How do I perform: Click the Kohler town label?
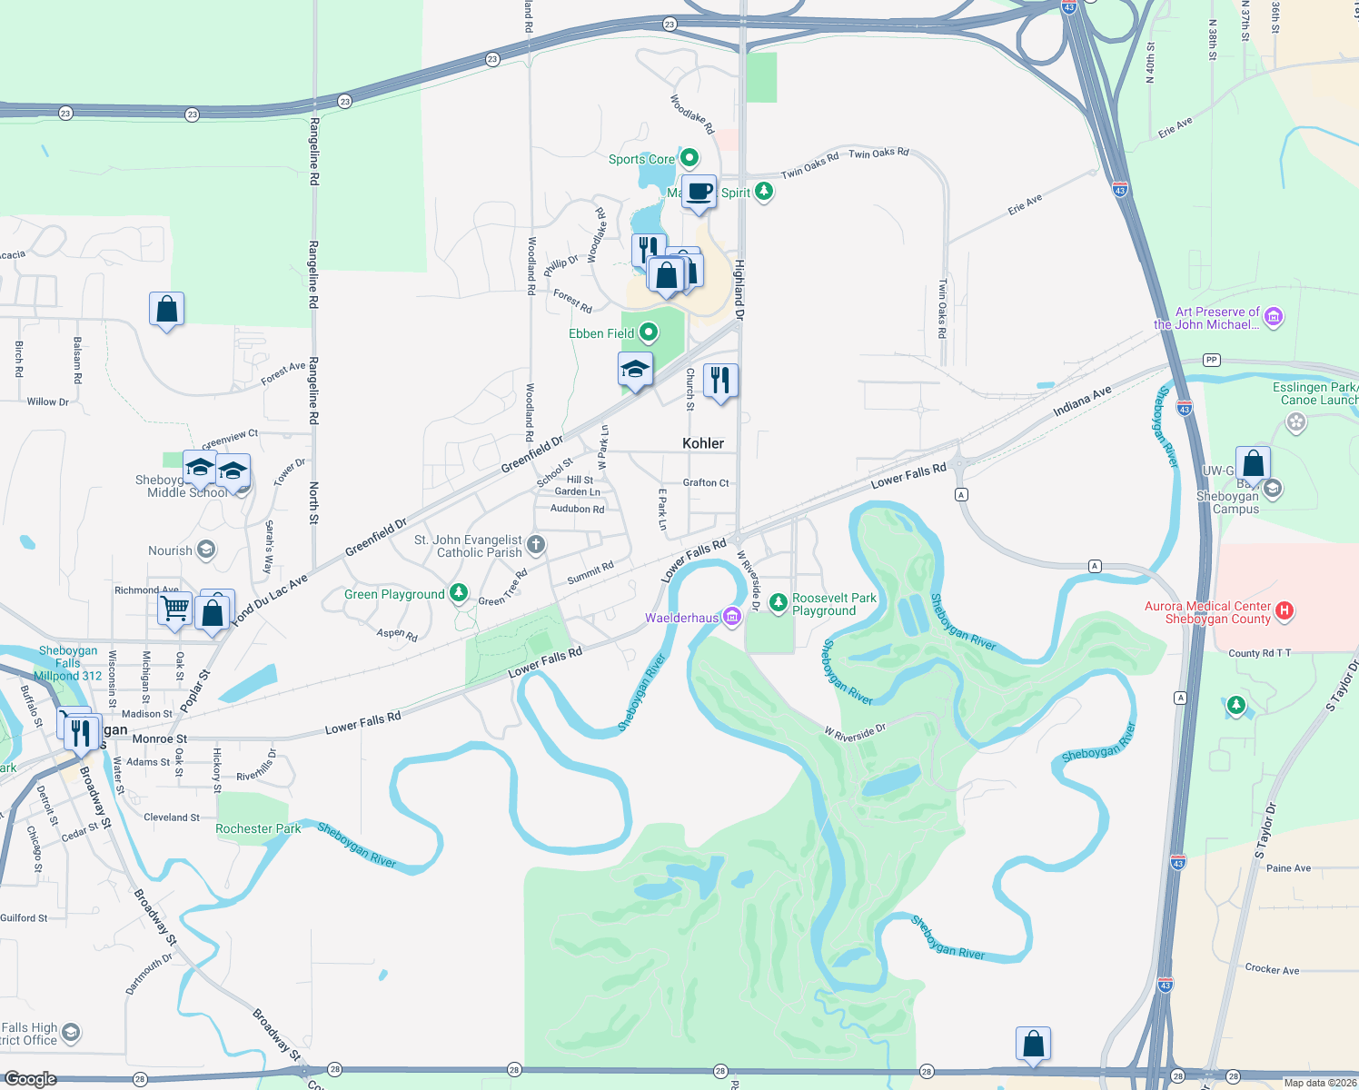pos(703,443)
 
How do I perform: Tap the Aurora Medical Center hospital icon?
pos(1285,610)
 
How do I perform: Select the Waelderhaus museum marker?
pos(732,618)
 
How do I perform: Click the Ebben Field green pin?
pos(648,332)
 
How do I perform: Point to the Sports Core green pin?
pos(689,158)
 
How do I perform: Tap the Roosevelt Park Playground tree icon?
pos(778,602)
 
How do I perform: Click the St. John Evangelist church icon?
pos(536,545)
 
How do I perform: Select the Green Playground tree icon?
pos(459,593)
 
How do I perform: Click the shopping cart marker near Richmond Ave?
pos(174,607)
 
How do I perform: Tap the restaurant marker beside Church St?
pos(720,381)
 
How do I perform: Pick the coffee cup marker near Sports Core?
pos(699,192)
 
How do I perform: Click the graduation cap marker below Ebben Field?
pos(635,370)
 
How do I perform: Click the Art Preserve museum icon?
pos(1274,316)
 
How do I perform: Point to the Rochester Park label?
pos(258,828)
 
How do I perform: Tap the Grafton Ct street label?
pos(706,482)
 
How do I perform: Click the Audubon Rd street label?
pos(577,509)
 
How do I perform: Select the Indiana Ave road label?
pos(1082,401)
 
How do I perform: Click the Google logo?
pos(31,1079)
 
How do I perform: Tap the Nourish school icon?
pos(206,550)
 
